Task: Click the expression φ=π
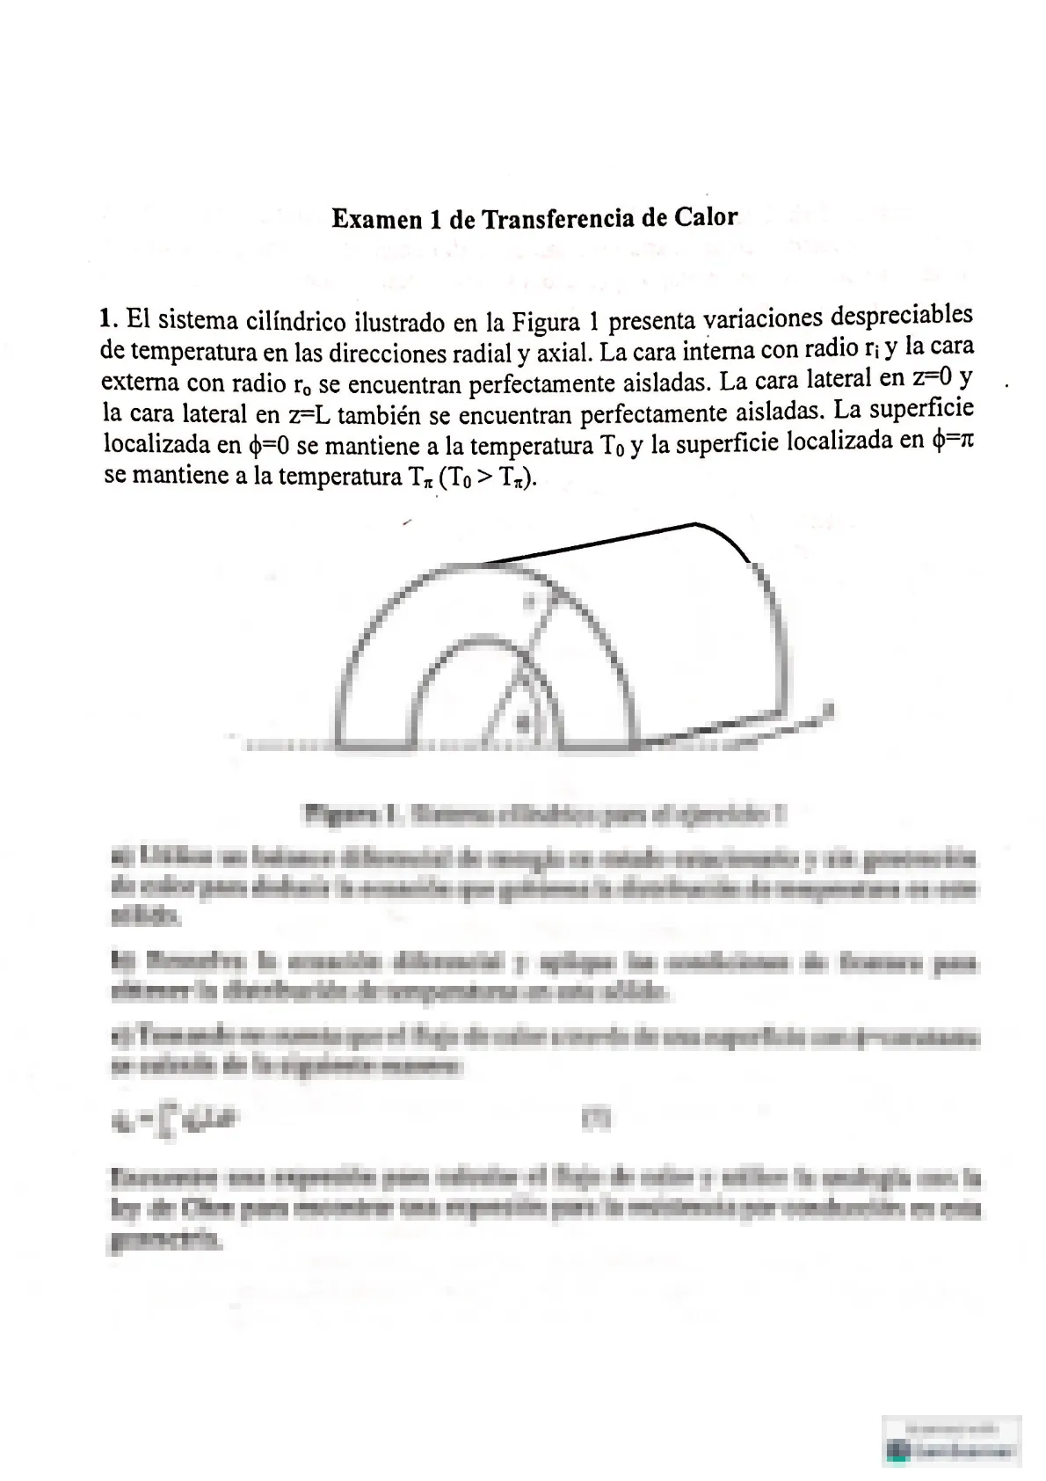[x=952, y=440]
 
